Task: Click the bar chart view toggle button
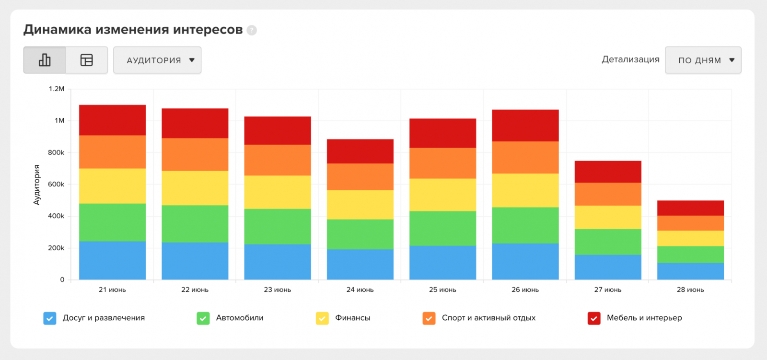45,60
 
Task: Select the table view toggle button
87,60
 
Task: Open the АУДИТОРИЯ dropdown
157,60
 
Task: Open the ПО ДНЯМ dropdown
703,60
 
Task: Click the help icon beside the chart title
252,30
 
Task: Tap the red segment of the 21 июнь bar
112,120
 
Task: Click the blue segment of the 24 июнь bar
360,264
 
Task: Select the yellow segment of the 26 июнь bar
525,190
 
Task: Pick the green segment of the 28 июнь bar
690,255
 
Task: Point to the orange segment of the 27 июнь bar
608,194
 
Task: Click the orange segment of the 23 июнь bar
278,160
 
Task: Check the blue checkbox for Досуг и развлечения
50,318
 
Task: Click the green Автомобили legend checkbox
203,318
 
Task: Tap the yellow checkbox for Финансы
322,318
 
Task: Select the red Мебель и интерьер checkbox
594,318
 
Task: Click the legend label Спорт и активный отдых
488,318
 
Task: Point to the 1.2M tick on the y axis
57,89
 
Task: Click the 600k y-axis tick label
56,184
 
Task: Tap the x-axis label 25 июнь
442,290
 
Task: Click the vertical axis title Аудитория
36,185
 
